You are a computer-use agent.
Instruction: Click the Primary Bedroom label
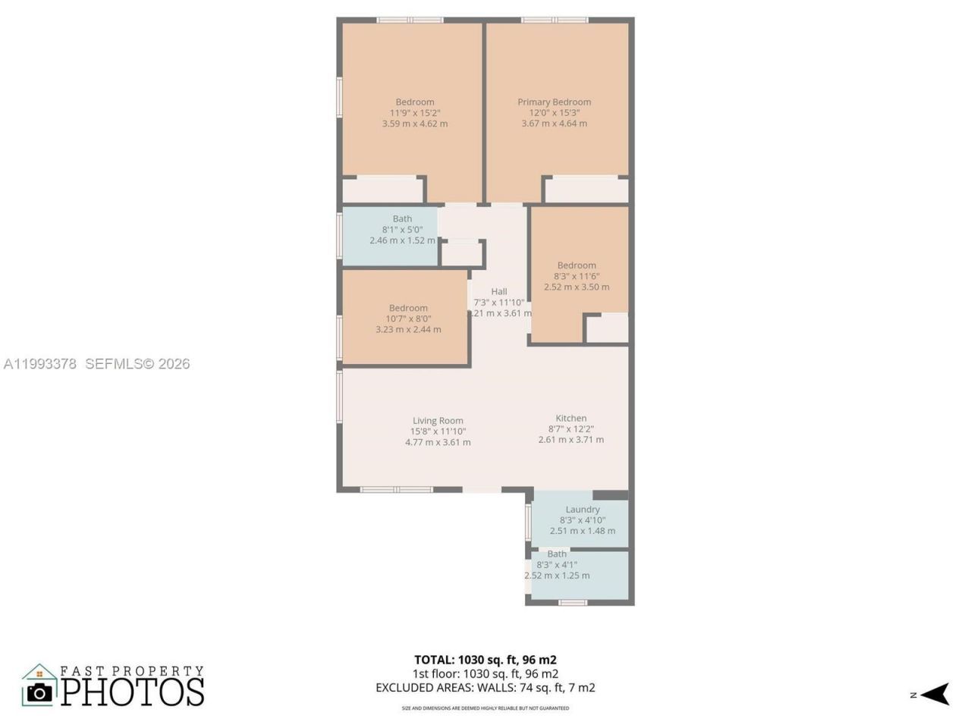tap(554, 102)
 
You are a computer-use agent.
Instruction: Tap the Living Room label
tap(438, 421)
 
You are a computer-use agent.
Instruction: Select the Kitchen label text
tap(570, 418)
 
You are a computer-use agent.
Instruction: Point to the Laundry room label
tap(582, 510)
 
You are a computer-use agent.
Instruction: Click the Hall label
tap(498, 291)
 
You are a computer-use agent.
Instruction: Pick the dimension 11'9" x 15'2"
tap(414, 113)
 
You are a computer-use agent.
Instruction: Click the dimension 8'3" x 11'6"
tap(576, 276)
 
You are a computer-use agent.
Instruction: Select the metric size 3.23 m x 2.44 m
tap(408, 329)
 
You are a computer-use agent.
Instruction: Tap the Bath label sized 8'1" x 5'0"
tap(402, 218)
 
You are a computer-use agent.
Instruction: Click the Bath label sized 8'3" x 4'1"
tap(557, 554)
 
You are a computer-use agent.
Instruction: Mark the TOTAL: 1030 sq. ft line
tap(485, 660)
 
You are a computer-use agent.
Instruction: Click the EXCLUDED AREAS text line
tap(485, 688)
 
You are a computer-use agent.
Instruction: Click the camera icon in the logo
tap(39, 692)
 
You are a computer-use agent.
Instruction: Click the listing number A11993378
tap(40, 364)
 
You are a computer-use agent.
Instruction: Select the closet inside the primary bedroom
tap(586, 190)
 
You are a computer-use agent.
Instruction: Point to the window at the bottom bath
tap(573, 603)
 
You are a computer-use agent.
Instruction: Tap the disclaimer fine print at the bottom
tap(485, 708)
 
